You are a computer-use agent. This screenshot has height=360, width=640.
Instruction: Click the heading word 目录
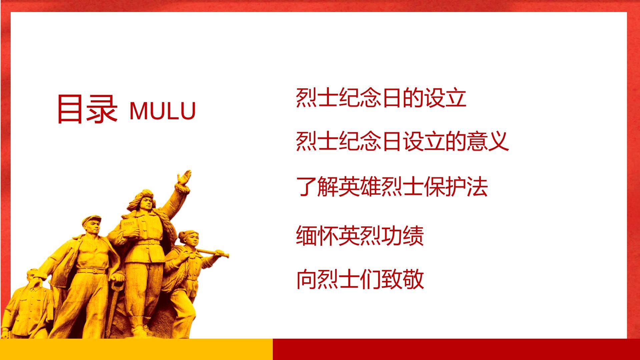coord(87,109)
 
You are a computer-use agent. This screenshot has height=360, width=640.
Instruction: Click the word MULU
coord(162,111)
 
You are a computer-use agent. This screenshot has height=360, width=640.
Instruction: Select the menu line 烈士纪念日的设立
coord(381,98)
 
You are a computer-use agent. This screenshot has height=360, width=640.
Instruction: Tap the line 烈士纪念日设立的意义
coord(402,141)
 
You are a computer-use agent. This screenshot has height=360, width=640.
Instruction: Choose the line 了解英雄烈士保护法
coord(392,186)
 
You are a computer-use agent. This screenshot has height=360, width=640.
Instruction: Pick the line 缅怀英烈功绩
coord(360,236)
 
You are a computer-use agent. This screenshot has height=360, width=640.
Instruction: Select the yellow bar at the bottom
coord(136,349)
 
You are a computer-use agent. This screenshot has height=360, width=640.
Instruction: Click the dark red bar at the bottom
coord(456,349)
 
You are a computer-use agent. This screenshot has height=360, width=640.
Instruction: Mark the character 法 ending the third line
coord(477,186)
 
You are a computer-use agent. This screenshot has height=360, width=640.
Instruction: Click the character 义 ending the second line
coord(498,141)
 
